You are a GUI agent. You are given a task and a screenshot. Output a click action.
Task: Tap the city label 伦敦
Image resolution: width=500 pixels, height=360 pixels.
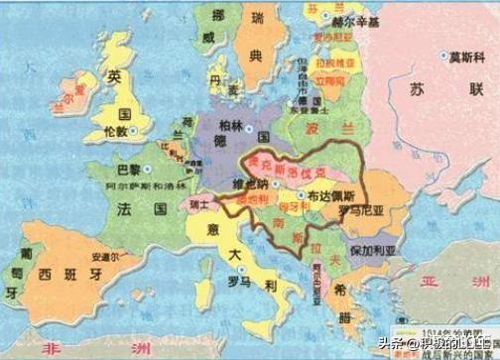coord(114,129)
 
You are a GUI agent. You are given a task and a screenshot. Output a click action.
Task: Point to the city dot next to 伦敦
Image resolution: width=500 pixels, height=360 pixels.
coord(135,129)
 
